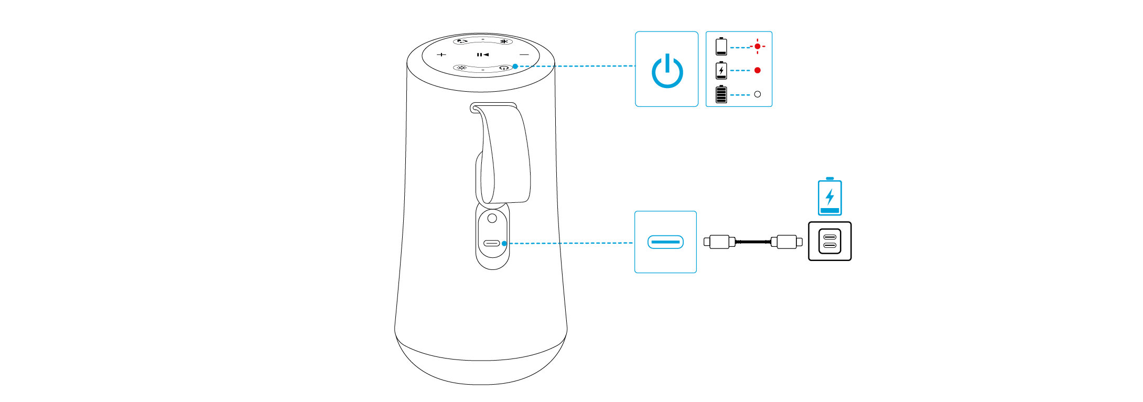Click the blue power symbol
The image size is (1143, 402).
point(667,71)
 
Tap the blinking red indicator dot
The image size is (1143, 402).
point(757,47)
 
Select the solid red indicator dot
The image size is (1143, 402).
point(757,70)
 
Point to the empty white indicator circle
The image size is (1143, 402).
point(757,94)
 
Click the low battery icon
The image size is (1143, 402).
point(721,46)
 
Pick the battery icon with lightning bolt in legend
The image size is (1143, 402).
point(721,70)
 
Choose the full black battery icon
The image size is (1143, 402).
point(721,94)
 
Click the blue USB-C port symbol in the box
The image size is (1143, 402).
point(665,242)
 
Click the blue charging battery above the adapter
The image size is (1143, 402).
point(829,197)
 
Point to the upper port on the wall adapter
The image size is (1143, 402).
point(829,237)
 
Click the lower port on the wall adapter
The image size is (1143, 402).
point(829,245)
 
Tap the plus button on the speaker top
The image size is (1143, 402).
point(441,55)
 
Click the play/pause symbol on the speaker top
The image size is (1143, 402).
point(482,55)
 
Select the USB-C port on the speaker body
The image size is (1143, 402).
point(492,243)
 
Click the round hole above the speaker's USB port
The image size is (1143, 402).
point(492,218)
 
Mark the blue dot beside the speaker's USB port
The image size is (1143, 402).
point(504,243)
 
